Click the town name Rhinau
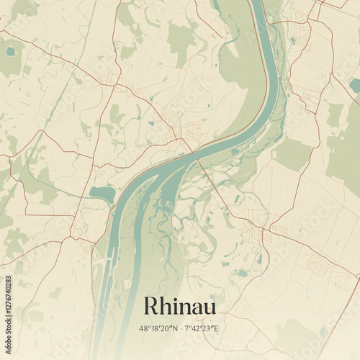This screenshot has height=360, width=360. point(179,305)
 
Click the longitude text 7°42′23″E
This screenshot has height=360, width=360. point(202,329)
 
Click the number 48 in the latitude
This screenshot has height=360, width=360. point(143,329)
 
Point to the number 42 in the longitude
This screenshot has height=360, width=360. point(197,329)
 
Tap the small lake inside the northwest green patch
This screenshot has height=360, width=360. point(10,52)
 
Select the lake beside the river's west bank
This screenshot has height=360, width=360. point(102,193)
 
